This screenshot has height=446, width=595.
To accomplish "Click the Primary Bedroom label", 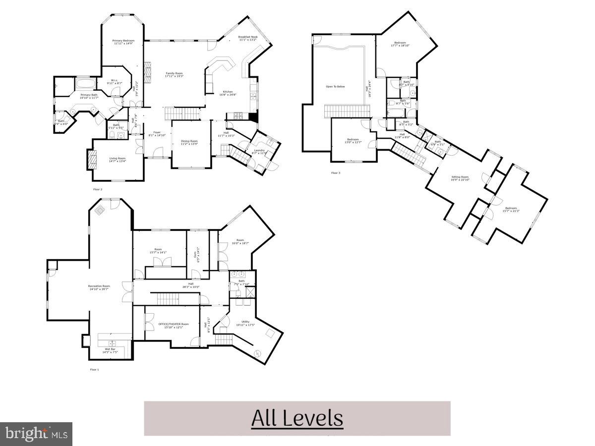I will point(123,41).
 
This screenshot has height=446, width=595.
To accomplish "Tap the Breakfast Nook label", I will point(248,37).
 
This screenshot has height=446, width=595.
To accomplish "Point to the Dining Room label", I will point(189,141).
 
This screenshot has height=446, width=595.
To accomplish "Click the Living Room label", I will point(118,159).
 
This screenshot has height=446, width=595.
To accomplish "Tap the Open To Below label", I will point(335,87).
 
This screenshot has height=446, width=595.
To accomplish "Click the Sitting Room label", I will point(460,177).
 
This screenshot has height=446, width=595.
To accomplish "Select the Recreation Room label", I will point(99,286).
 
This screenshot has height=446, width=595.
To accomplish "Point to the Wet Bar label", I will point(110,350).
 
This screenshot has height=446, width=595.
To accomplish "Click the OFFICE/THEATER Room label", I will point(174,324).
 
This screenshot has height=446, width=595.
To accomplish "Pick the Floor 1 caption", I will point(94,370).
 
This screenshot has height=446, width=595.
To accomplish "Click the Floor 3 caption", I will point(336,173).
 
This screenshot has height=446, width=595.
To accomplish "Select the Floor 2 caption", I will point(98,189).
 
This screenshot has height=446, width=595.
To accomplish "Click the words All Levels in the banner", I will point(297,418).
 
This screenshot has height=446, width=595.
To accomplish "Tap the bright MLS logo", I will point(36,434).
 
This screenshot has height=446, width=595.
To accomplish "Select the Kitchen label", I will point(228,92).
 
